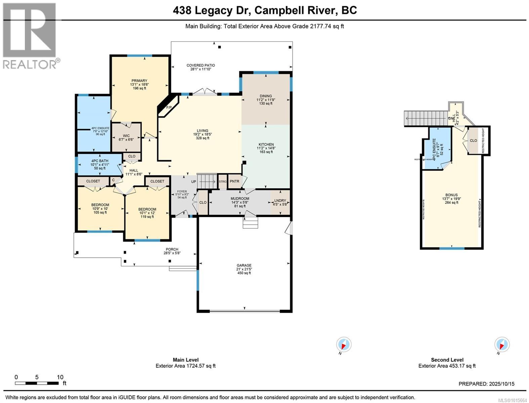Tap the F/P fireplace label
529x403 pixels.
[169, 107]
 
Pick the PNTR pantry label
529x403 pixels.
[234, 181]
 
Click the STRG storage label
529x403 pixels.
[222, 181]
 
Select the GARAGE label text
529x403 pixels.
[244, 265]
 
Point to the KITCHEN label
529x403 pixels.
[266, 144]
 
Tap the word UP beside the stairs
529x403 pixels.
[194, 182]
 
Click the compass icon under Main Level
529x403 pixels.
[343, 345]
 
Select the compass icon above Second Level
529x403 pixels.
[501, 345]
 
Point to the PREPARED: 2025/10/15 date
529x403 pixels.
[486, 384]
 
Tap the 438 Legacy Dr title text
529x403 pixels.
[264, 10]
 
